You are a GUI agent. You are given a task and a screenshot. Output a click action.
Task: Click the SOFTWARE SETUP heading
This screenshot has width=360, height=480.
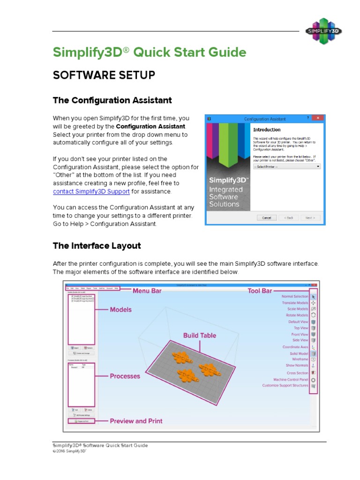(x=104, y=75)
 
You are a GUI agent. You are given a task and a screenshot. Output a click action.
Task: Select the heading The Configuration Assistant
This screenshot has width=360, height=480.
(x=112, y=100)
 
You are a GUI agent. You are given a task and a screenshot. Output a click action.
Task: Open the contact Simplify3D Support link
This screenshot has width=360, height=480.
(x=91, y=192)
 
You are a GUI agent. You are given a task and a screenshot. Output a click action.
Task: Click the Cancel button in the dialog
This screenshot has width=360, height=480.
(x=266, y=217)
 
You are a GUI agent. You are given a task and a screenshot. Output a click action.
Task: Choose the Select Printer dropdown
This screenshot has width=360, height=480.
(x=286, y=166)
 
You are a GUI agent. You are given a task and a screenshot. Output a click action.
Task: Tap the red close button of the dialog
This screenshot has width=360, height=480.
(x=318, y=119)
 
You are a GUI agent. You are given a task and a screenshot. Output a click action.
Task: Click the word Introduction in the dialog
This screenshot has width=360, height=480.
(x=267, y=130)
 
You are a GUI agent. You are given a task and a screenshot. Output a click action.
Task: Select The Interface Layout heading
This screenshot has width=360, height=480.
(x=97, y=246)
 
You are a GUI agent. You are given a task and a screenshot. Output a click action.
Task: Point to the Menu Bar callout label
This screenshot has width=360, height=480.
(x=147, y=291)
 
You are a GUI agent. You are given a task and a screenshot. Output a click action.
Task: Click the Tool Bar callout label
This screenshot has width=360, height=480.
(x=260, y=291)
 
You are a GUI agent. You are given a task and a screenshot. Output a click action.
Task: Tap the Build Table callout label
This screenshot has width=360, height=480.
(x=200, y=336)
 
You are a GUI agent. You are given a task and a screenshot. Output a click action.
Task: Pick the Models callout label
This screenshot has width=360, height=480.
(x=120, y=309)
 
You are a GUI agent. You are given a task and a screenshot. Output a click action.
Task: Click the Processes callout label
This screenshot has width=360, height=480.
(x=125, y=376)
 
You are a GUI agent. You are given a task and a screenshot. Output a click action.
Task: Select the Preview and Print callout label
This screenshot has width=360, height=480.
(x=136, y=421)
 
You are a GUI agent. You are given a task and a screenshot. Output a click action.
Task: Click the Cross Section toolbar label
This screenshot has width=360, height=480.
(x=297, y=373)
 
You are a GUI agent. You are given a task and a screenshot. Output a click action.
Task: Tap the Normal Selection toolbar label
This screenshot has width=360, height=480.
(x=294, y=297)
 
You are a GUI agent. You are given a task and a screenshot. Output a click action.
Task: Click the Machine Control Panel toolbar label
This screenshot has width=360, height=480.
(x=291, y=379)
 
